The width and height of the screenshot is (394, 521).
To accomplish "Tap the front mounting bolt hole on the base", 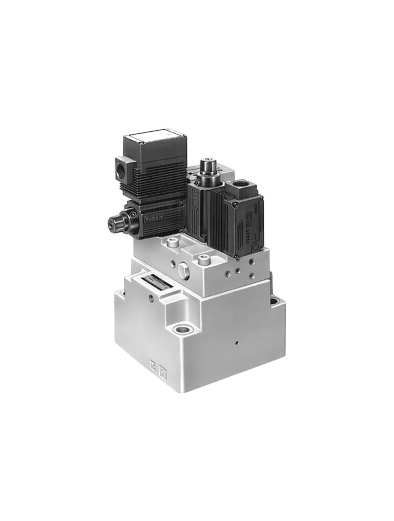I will (x=182, y=329).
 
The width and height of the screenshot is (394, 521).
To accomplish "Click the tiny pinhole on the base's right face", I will (x=235, y=343).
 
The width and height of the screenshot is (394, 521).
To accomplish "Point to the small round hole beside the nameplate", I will (x=151, y=299).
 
